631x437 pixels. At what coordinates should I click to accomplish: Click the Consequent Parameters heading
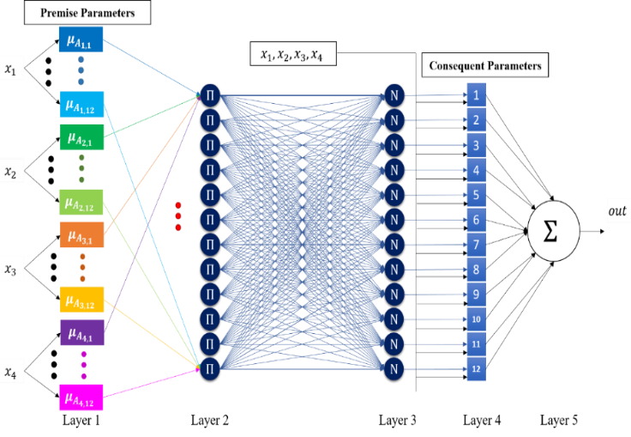tap(486, 65)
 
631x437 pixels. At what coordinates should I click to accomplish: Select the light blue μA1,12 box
tap(82, 105)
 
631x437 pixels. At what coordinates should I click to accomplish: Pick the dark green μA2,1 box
tap(82, 137)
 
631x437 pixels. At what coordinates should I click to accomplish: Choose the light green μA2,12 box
tap(81, 203)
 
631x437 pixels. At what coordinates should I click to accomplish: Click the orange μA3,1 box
tap(82, 234)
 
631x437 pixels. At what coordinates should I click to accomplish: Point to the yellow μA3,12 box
tap(82, 300)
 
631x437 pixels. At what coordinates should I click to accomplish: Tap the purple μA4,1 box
tap(82, 331)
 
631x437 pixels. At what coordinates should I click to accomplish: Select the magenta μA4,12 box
tap(82, 398)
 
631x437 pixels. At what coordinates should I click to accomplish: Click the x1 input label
tap(11, 70)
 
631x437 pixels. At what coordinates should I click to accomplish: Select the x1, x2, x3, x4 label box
tap(292, 54)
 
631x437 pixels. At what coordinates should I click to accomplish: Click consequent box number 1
tap(476, 95)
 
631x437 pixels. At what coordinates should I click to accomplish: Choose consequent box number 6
tap(476, 220)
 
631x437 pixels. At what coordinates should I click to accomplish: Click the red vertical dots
tap(178, 215)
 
